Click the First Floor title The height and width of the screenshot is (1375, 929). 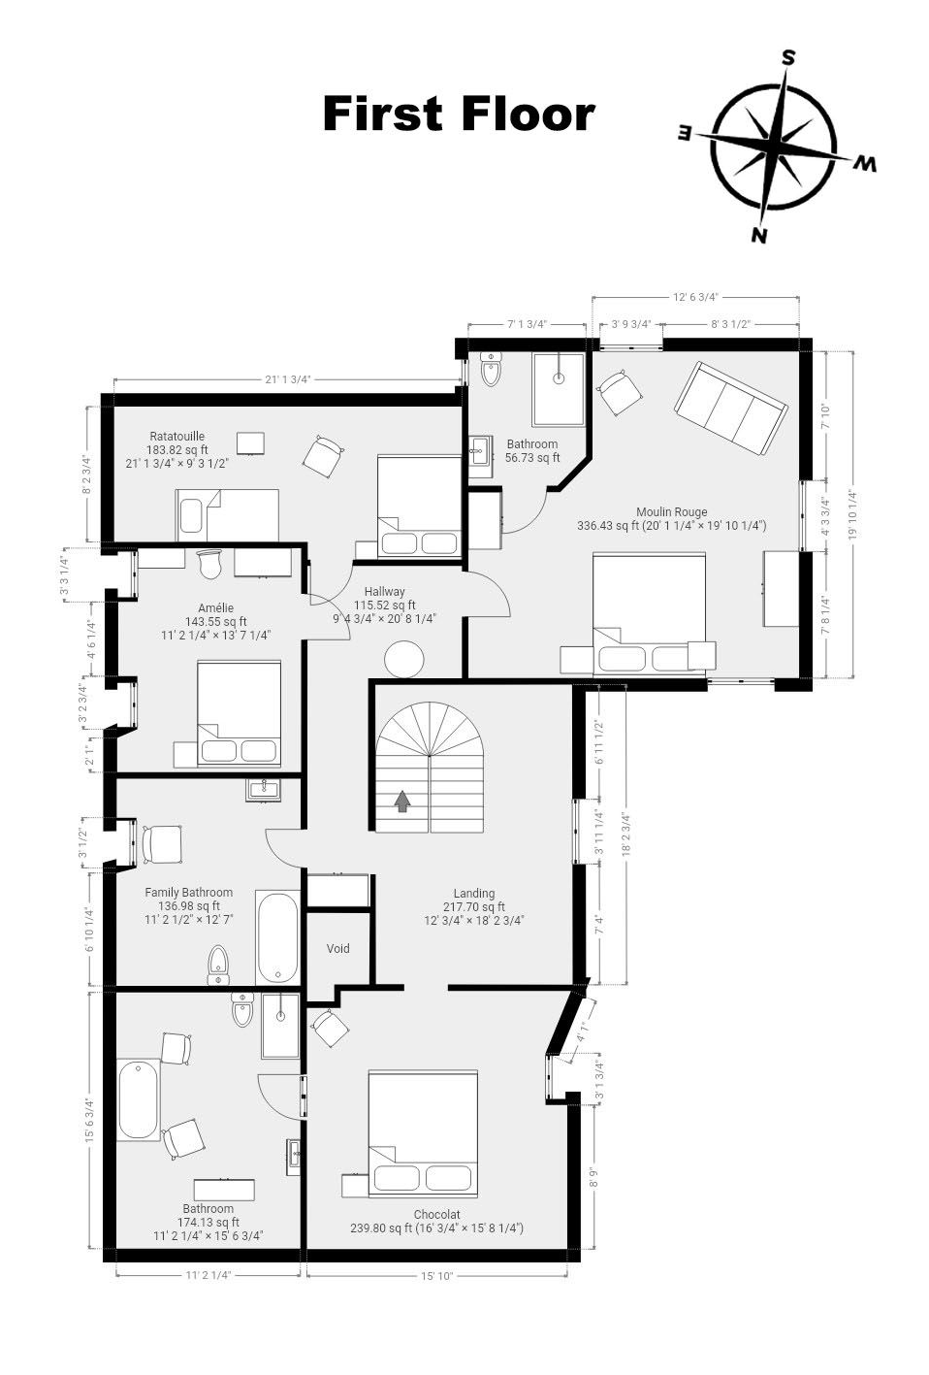pos(459,114)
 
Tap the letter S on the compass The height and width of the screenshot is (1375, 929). pos(787,57)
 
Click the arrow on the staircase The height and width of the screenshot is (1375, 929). pos(401,802)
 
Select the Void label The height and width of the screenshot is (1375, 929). pos(338,948)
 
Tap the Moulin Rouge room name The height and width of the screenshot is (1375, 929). pos(671,512)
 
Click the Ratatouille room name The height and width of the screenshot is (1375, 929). pos(176,437)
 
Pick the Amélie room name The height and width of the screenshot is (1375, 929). pos(216,607)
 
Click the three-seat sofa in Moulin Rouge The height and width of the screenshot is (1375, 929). pos(731,409)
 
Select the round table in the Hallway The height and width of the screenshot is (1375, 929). pos(403,659)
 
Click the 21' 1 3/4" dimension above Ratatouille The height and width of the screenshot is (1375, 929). pos(288,379)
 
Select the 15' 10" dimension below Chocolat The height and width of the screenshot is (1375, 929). pos(437,1276)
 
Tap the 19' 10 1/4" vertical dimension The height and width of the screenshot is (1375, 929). pos(851,513)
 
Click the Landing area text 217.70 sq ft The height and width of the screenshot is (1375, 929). pos(473,906)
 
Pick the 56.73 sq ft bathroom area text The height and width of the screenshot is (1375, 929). pos(532,457)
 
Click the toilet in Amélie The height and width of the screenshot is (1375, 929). pos(209,564)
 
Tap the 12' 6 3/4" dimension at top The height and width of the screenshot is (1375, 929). pos(695,297)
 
